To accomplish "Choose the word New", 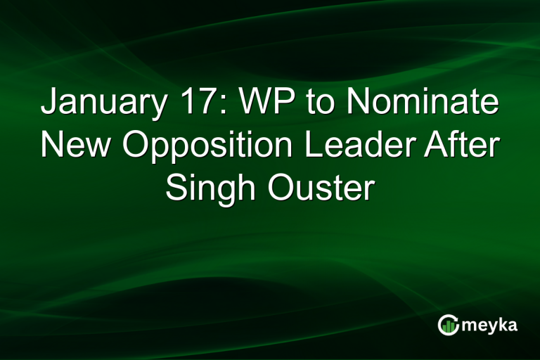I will click(x=72, y=146).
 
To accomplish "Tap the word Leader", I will click(x=352, y=146).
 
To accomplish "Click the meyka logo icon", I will click(x=447, y=324).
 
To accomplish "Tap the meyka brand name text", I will click(x=492, y=326).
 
